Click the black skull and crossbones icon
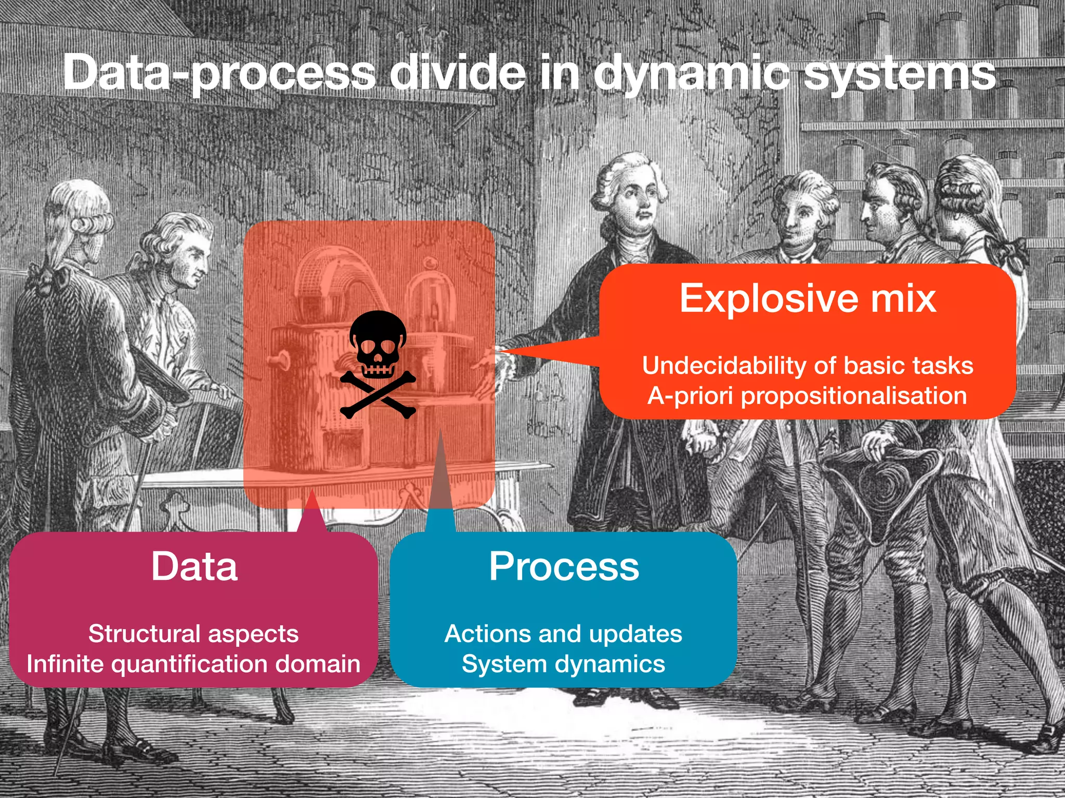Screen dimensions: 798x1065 coord(378,364)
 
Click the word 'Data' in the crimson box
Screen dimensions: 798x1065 coord(194,566)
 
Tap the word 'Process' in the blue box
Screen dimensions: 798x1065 coord(564,566)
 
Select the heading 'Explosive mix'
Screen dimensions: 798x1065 coord(808,298)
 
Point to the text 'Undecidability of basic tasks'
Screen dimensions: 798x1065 coord(808,365)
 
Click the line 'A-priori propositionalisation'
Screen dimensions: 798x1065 coord(808,396)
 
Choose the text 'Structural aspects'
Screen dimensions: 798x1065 coord(193,634)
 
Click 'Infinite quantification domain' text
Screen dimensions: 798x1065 coord(193,664)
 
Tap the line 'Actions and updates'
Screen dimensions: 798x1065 coord(563,634)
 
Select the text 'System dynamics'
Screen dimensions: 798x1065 coord(563,664)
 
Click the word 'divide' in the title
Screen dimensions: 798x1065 coord(458,73)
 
